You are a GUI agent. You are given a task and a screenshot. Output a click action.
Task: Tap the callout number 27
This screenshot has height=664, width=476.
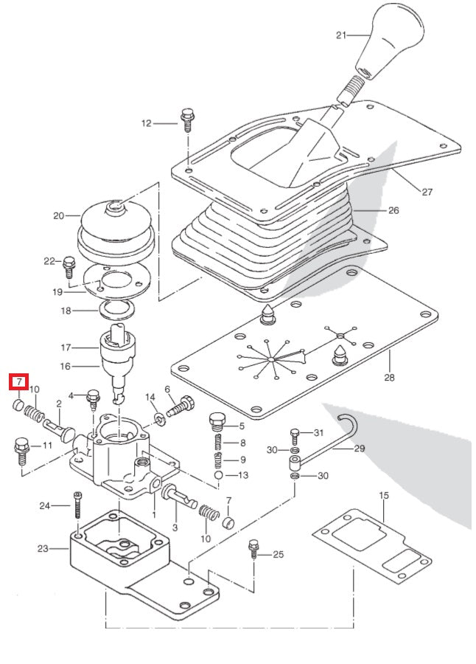tap(427, 192)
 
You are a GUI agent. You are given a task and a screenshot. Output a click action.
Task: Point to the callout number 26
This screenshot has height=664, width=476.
tap(393, 210)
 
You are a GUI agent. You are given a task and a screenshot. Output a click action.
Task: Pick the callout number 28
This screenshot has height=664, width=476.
tap(388, 378)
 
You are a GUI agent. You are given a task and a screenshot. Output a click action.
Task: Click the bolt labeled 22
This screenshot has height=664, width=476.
tap(70, 264)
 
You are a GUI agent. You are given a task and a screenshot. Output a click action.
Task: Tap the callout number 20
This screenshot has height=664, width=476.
tap(59, 216)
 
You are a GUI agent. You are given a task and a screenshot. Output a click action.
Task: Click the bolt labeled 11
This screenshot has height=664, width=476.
tap(20, 449)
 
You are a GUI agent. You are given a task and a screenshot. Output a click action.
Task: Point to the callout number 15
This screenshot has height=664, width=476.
tap(383, 495)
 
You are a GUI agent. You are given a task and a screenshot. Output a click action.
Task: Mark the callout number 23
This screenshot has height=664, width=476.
tap(43, 548)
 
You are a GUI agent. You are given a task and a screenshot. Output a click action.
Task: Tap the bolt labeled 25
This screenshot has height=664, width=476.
tap(253, 550)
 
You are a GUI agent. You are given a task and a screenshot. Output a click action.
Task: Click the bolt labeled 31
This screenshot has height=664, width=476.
tap(295, 434)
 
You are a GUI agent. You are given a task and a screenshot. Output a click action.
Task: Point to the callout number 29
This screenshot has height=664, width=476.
tap(359, 448)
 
